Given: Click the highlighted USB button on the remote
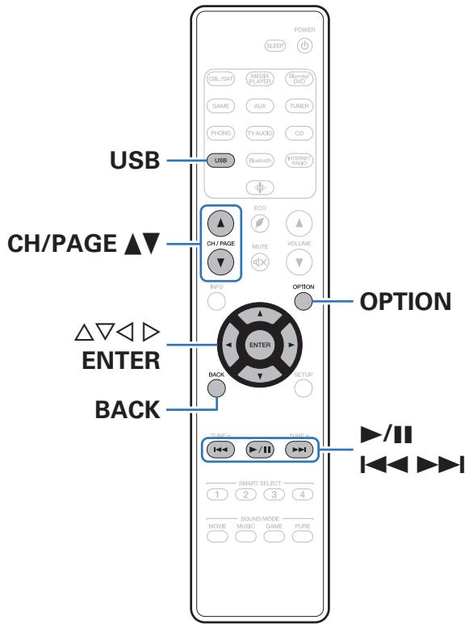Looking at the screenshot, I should (220, 161).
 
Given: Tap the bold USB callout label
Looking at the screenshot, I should (135, 161).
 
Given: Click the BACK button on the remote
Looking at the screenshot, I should (217, 387).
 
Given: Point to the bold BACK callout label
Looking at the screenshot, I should (125, 409).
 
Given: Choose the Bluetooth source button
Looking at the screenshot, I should (260, 161).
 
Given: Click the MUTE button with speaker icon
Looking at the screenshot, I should (260, 261).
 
